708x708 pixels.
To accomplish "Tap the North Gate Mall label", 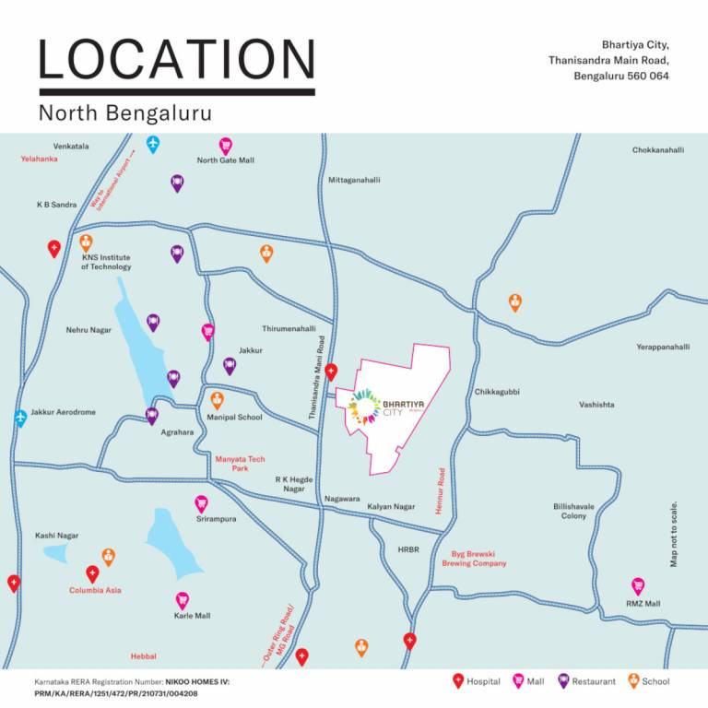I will click(225, 160).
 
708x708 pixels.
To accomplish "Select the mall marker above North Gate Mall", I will click(226, 146).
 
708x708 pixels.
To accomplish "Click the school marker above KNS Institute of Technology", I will click(86, 242).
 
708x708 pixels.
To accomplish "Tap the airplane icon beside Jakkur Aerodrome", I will click(20, 418).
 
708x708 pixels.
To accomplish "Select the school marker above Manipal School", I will click(218, 400).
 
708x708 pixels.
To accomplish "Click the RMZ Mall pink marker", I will click(637, 586).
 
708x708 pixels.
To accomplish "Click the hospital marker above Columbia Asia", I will click(92, 573).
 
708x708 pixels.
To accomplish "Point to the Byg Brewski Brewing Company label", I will click(478, 559).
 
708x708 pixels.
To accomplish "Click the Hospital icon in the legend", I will click(458, 681).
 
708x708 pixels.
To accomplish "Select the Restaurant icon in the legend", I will click(563, 681).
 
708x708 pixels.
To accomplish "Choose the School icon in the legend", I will click(633, 681).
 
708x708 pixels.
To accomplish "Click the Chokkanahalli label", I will click(657, 150).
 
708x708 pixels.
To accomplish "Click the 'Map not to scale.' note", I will click(674, 534).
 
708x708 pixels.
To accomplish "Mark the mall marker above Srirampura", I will click(201, 503).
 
